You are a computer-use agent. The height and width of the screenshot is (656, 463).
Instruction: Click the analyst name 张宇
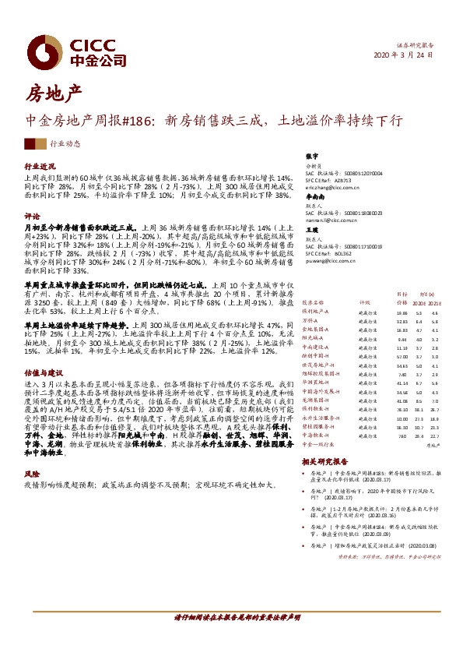point(312,156)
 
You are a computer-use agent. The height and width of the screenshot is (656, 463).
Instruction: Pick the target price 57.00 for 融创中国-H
point(402,377)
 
